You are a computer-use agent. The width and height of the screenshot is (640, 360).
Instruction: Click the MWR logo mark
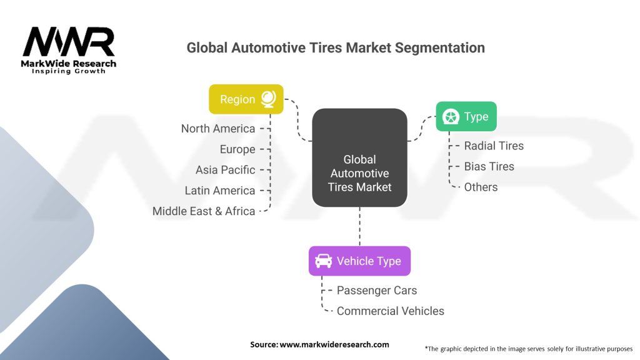click(x=69, y=42)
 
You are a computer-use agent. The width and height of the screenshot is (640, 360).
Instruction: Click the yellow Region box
click(x=246, y=99)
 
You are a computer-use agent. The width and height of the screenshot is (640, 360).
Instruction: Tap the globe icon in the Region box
click(x=268, y=99)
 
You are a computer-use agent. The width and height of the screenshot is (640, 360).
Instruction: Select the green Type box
click(x=466, y=116)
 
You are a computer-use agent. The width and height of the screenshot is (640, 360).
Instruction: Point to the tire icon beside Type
click(x=451, y=117)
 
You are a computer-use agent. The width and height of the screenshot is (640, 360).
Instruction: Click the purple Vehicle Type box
click(x=359, y=261)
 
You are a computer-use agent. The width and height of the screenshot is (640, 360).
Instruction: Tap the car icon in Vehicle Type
click(x=323, y=261)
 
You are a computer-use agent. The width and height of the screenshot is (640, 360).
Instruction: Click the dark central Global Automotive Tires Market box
click(x=359, y=157)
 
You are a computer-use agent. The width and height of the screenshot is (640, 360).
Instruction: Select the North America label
click(x=218, y=129)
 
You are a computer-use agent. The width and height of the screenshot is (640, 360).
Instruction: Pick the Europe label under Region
click(x=237, y=149)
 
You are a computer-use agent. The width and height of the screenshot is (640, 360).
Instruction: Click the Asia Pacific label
click(x=225, y=170)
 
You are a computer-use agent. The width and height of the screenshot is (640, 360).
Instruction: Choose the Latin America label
click(x=220, y=191)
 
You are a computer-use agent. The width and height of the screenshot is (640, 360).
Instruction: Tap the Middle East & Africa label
click(x=204, y=211)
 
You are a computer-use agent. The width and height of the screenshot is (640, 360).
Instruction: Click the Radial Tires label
click(x=494, y=146)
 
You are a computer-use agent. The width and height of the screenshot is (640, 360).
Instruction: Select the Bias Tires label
click(x=489, y=166)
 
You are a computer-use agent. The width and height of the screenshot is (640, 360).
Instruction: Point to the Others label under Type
click(x=481, y=187)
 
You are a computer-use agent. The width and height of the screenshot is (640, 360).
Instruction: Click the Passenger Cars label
click(x=377, y=290)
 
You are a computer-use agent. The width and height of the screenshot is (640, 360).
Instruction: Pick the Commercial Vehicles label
click(x=390, y=311)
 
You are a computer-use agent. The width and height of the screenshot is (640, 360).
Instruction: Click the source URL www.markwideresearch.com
click(x=334, y=344)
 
